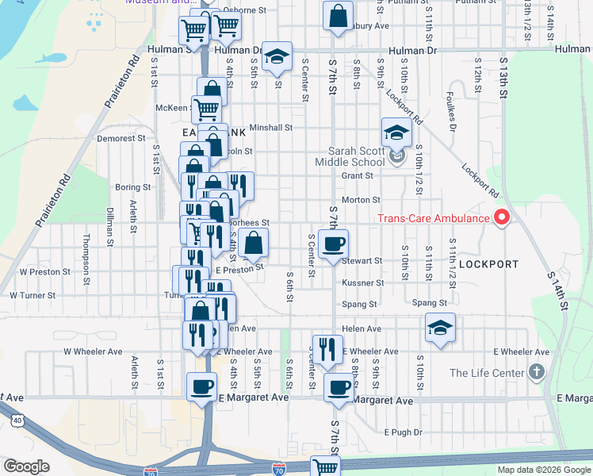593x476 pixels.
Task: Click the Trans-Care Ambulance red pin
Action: point(501,217)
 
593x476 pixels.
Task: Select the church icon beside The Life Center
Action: point(537,372)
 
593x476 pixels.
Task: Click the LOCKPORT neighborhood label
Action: point(488,263)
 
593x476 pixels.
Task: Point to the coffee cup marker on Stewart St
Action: point(333,244)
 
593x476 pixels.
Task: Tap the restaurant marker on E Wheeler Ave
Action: point(326,348)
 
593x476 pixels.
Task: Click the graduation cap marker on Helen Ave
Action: point(439,327)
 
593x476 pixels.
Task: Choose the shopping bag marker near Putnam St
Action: point(338,16)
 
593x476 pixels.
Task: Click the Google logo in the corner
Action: point(26,466)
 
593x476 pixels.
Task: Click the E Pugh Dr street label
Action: point(400,432)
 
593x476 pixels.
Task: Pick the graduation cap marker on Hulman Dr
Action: point(277,56)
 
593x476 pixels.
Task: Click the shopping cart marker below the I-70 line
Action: point(325,466)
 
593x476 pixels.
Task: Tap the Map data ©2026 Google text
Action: point(543,470)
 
